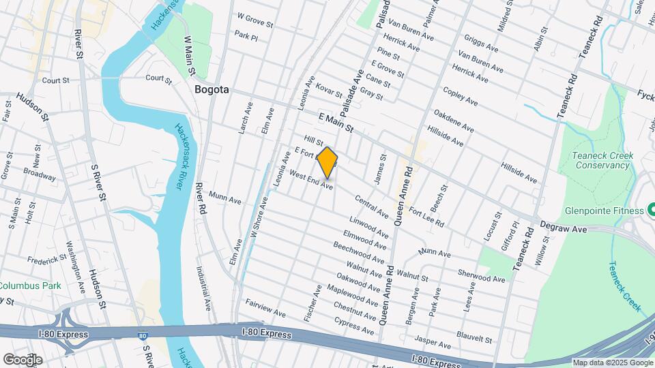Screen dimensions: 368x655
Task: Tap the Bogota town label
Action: [211, 90]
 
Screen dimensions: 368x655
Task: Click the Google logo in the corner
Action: [23, 359]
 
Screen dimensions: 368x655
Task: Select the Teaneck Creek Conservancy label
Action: [603, 160]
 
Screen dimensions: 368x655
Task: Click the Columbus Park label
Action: [30, 286]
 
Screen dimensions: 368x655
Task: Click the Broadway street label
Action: [40, 174]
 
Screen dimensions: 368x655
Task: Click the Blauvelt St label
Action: [474, 337]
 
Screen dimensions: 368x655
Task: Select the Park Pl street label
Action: [246, 35]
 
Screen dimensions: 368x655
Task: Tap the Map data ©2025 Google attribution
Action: [613, 363]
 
